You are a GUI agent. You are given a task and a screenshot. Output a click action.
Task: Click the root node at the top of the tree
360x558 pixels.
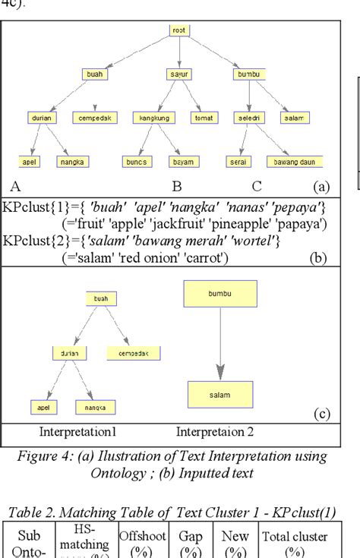click(179, 31)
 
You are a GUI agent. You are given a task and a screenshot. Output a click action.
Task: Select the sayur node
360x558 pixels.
click(178, 74)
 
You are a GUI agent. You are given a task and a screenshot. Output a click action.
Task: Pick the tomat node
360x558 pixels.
click(204, 118)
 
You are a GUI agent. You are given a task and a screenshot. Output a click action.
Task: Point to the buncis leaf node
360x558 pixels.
click(137, 162)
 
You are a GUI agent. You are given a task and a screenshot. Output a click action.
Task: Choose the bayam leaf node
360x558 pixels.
click(183, 162)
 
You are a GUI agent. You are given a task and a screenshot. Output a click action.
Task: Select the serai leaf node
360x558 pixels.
click(237, 162)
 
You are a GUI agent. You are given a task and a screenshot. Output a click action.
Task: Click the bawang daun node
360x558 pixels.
click(295, 162)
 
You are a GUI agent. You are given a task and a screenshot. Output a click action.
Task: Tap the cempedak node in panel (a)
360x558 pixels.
click(95, 118)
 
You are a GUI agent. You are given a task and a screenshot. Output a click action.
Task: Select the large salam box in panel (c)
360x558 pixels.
click(219, 395)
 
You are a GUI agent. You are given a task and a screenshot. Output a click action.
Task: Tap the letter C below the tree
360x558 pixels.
click(257, 185)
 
